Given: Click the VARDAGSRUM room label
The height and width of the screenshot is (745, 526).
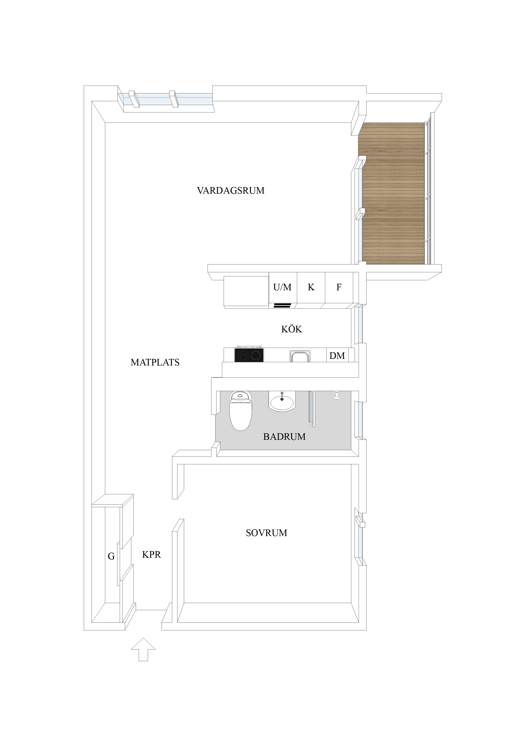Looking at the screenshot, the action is click(x=231, y=190).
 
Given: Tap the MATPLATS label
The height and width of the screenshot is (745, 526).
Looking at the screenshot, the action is click(x=155, y=363).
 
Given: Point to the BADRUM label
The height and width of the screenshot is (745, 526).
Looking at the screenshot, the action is click(x=284, y=437).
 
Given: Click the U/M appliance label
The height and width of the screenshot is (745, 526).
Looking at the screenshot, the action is click(x=282, y=287).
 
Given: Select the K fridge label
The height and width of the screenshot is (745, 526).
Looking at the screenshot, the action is click(x=311, y=287).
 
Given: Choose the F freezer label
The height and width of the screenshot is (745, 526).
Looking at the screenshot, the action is click(x=339, y=287).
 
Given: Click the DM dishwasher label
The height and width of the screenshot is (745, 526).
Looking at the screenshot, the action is click(x=337, y=356).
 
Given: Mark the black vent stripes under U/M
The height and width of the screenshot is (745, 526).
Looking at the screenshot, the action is click(x=282, y=305).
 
